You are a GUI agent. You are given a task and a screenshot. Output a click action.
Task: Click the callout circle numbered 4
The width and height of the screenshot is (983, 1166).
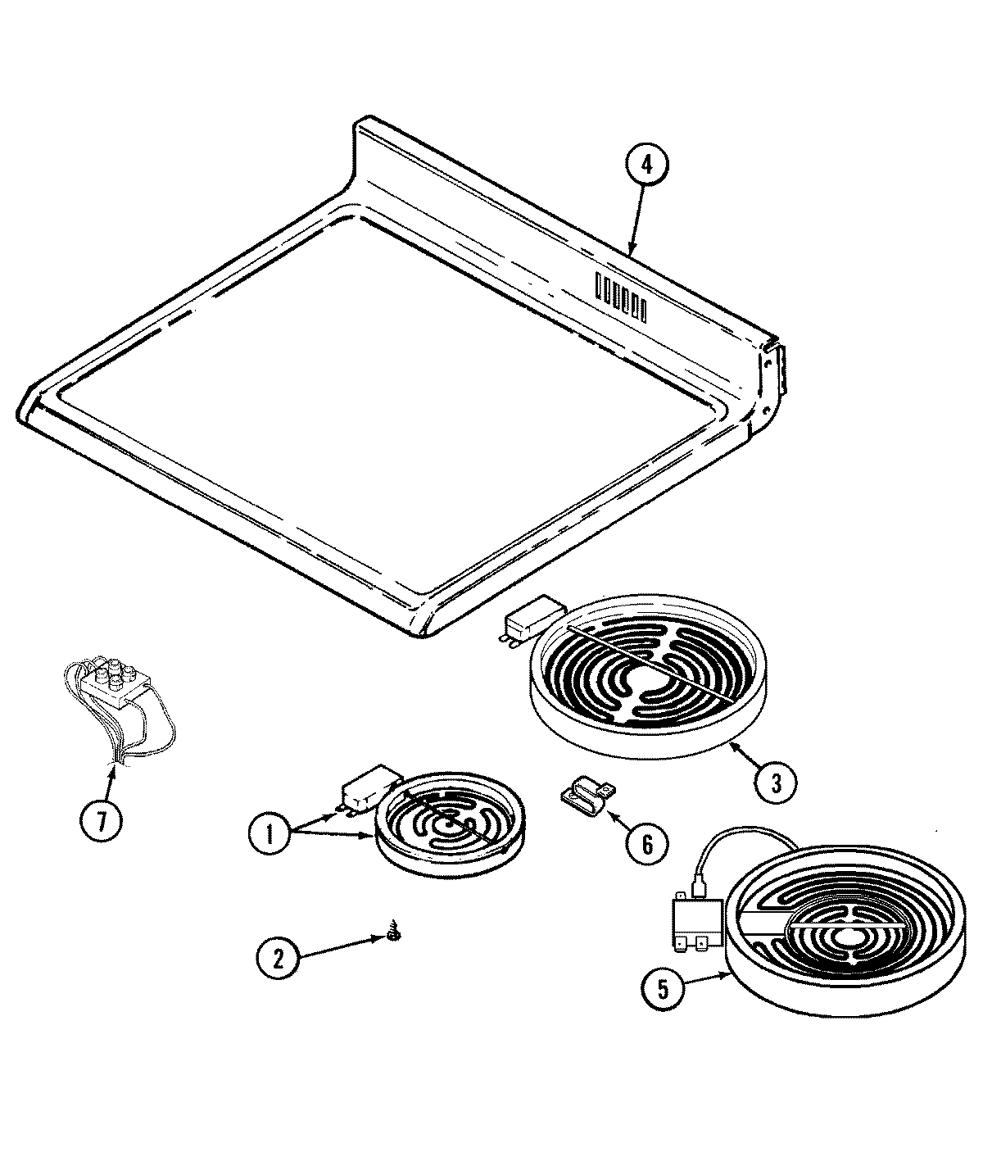(x=647, y=165)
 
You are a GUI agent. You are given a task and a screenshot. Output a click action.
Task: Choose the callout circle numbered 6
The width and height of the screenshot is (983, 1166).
(x=647, y=843)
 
